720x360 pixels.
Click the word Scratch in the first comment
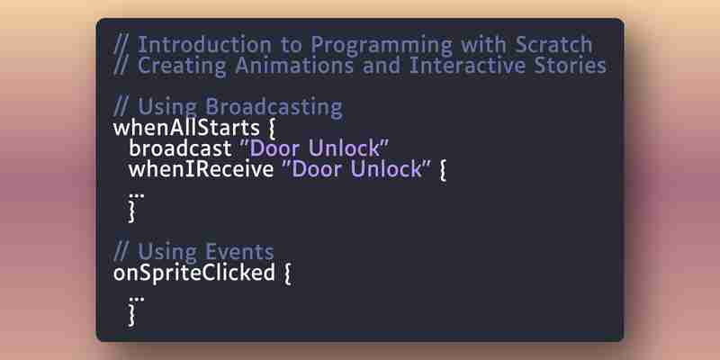[553, 44]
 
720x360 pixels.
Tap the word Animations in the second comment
[294, 65]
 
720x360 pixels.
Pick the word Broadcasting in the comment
[274, 108]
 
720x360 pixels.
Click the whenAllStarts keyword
[186, 128]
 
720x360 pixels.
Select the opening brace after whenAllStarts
[271, 129]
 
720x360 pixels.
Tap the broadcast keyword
[181, 148]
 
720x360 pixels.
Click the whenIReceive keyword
[201, 169]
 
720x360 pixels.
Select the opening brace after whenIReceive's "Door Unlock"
[443, 170]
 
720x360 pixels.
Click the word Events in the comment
[239, 252]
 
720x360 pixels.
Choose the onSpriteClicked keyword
[193, 274]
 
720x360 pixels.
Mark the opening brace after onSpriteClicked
[287, 274]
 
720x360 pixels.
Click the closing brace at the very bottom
[132, 316]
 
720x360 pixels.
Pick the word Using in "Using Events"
[167, 253]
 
